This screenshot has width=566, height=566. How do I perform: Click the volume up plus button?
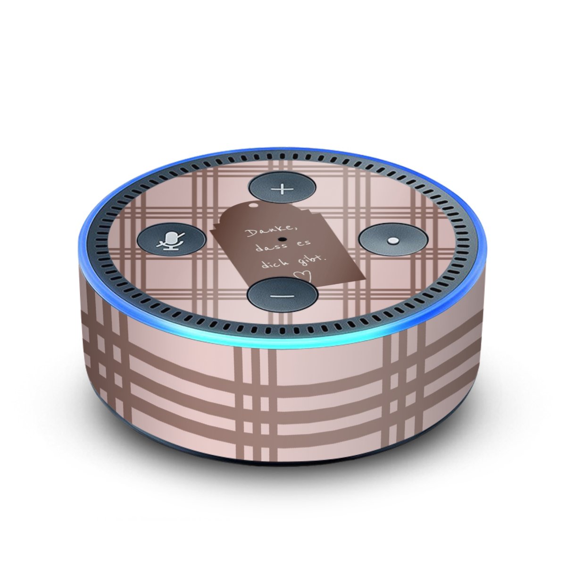point(282,188)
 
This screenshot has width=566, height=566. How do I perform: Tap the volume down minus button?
point(282,295)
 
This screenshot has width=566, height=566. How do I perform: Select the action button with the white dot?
point(393,240)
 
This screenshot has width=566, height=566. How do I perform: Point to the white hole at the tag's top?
point(253,205)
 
